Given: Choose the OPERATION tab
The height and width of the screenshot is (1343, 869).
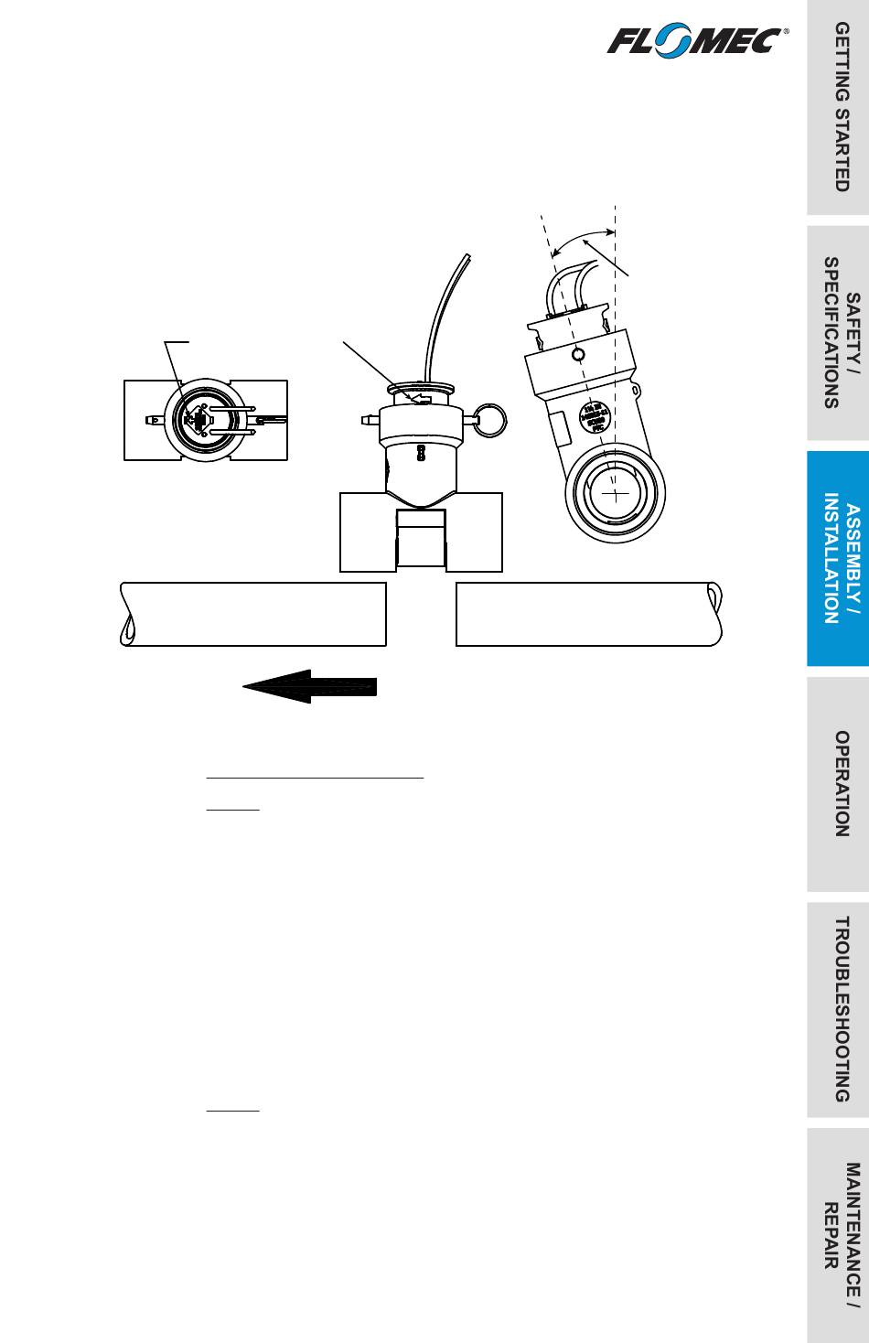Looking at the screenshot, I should pos(838,784).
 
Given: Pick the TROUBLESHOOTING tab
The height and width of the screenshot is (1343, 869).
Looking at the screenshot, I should pos(838,1009).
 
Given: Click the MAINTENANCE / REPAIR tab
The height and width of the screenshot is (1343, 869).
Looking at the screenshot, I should pos(838,1235).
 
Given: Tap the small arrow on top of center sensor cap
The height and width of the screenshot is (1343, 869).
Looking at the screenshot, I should pos(422,399).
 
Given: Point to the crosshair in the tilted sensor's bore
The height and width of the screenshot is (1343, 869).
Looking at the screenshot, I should pos(617,495).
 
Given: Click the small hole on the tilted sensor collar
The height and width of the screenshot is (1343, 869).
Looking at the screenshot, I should pos(574,354).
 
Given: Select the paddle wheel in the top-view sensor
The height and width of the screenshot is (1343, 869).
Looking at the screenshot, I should pos(198,419).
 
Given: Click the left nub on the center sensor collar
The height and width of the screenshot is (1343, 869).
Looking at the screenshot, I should pos(368,422).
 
